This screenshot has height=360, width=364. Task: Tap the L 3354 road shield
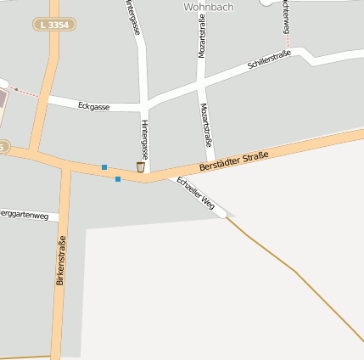[54, 25]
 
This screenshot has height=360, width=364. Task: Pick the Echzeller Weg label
[196, 193]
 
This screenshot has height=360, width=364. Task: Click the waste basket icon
[141, 166]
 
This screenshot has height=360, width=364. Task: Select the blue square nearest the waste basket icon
[117, 179]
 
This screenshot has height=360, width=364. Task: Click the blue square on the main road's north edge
[104, 166]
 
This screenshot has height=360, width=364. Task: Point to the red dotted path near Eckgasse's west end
[25, 92]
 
